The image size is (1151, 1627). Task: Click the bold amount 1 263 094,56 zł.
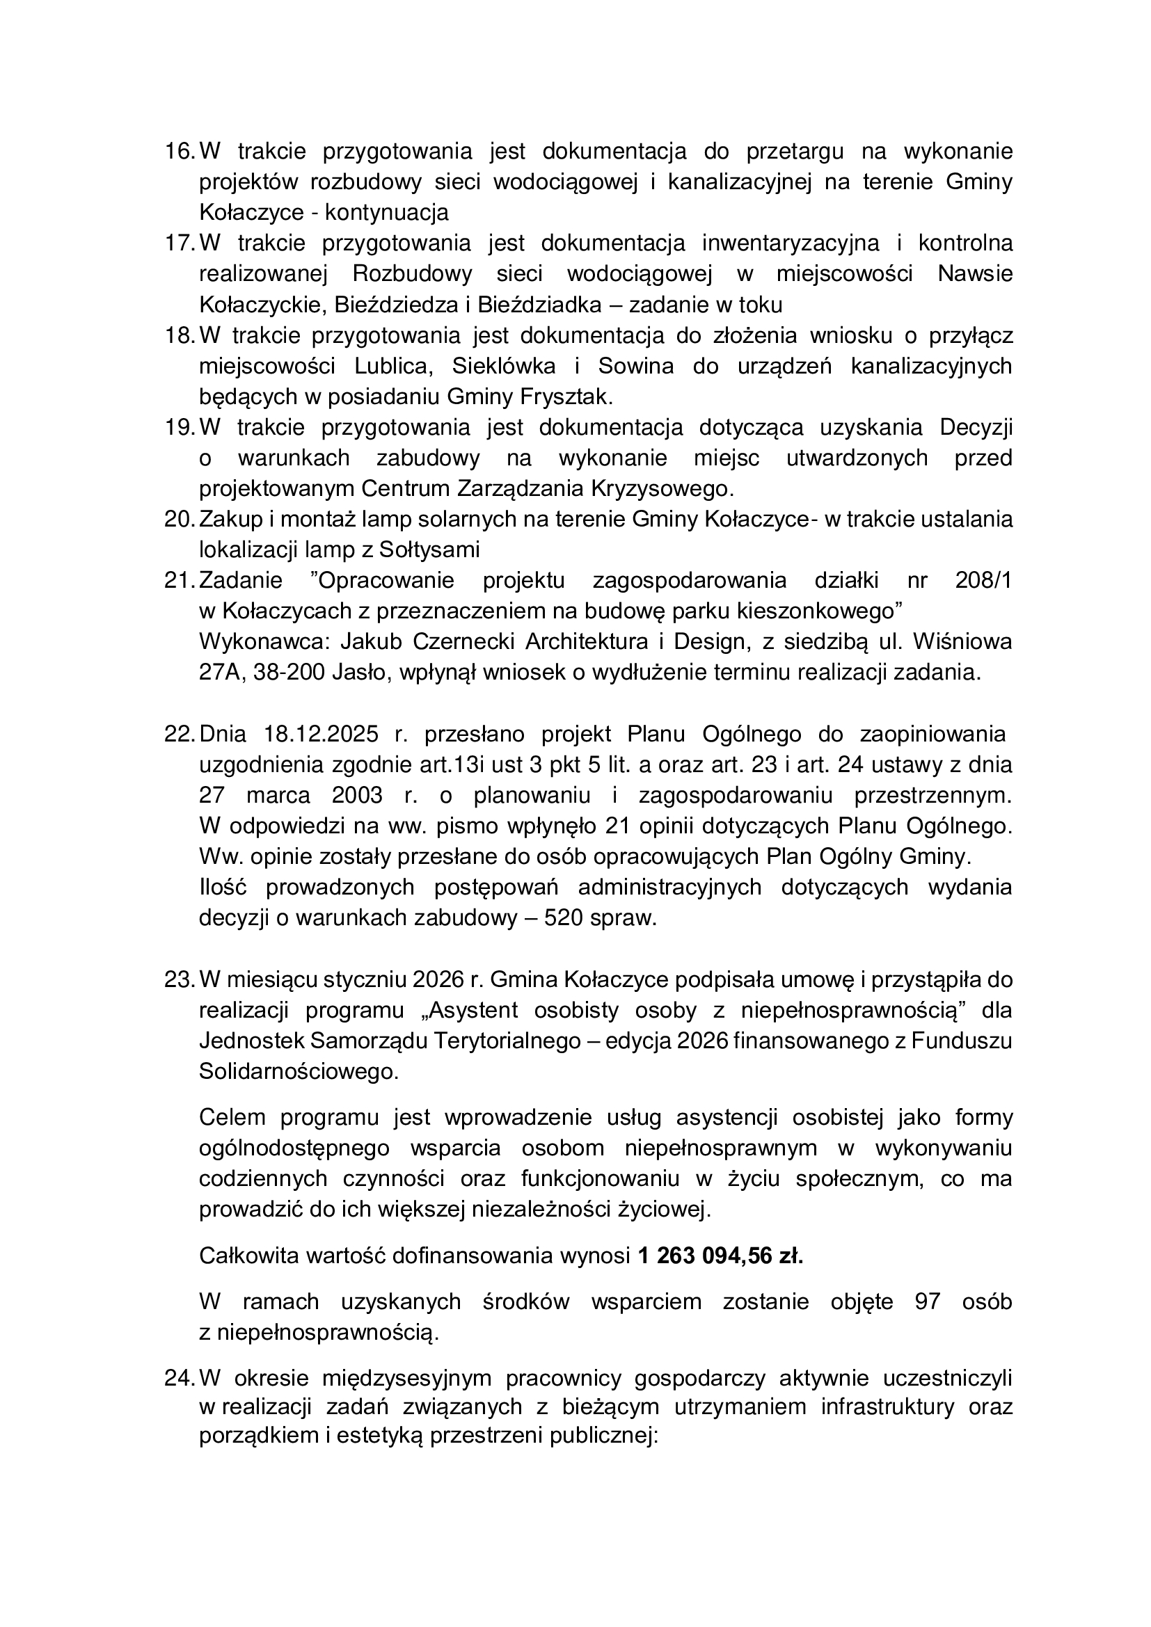pos(720,1256)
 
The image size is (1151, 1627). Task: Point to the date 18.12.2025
pos(321,734)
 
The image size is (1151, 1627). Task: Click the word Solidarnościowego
pos(299,1071)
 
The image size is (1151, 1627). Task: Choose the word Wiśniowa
pos(962,641)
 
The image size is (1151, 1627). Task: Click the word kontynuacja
pos(387,213)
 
